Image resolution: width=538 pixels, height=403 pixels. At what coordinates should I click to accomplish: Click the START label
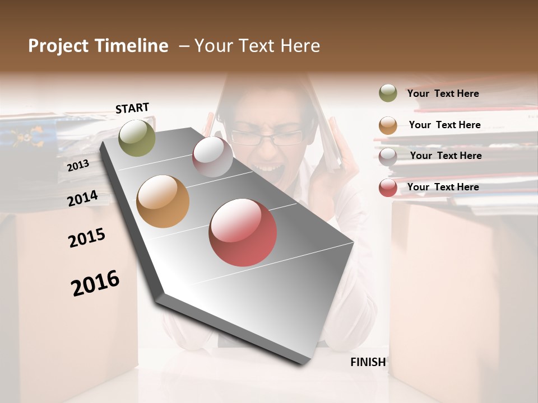pos(132,108)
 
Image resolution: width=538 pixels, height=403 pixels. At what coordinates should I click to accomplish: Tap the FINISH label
pos(368,362)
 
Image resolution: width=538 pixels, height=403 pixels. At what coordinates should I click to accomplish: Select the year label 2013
pos(78,166)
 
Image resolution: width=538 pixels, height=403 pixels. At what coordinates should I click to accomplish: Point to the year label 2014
pos(83,199)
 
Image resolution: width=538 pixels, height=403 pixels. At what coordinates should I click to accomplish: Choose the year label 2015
pos(87,238)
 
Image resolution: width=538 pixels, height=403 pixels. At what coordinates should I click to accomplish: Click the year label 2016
pos(95,283)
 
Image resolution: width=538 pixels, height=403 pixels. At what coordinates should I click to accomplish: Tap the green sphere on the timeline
pos(137,138)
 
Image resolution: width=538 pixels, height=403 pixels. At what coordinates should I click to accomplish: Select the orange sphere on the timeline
pos(163,201)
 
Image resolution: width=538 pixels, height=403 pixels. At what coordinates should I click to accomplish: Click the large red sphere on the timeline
pos(243,232)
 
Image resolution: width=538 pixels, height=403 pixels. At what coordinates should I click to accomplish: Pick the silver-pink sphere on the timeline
pos(212,157)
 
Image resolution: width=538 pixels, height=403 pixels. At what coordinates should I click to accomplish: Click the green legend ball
pos(388,93)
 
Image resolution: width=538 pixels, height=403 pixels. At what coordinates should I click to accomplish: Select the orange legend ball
pos(388,125)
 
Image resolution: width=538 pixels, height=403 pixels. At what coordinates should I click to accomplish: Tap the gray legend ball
pos(388,156)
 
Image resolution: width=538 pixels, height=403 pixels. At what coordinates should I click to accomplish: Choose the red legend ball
pos(388,187)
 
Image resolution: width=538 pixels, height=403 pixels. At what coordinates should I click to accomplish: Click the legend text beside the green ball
pos(443,93)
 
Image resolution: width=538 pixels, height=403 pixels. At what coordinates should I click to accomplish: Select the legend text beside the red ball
pos(443,187)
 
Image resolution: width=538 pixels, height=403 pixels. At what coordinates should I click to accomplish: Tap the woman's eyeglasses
pos(267,137)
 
